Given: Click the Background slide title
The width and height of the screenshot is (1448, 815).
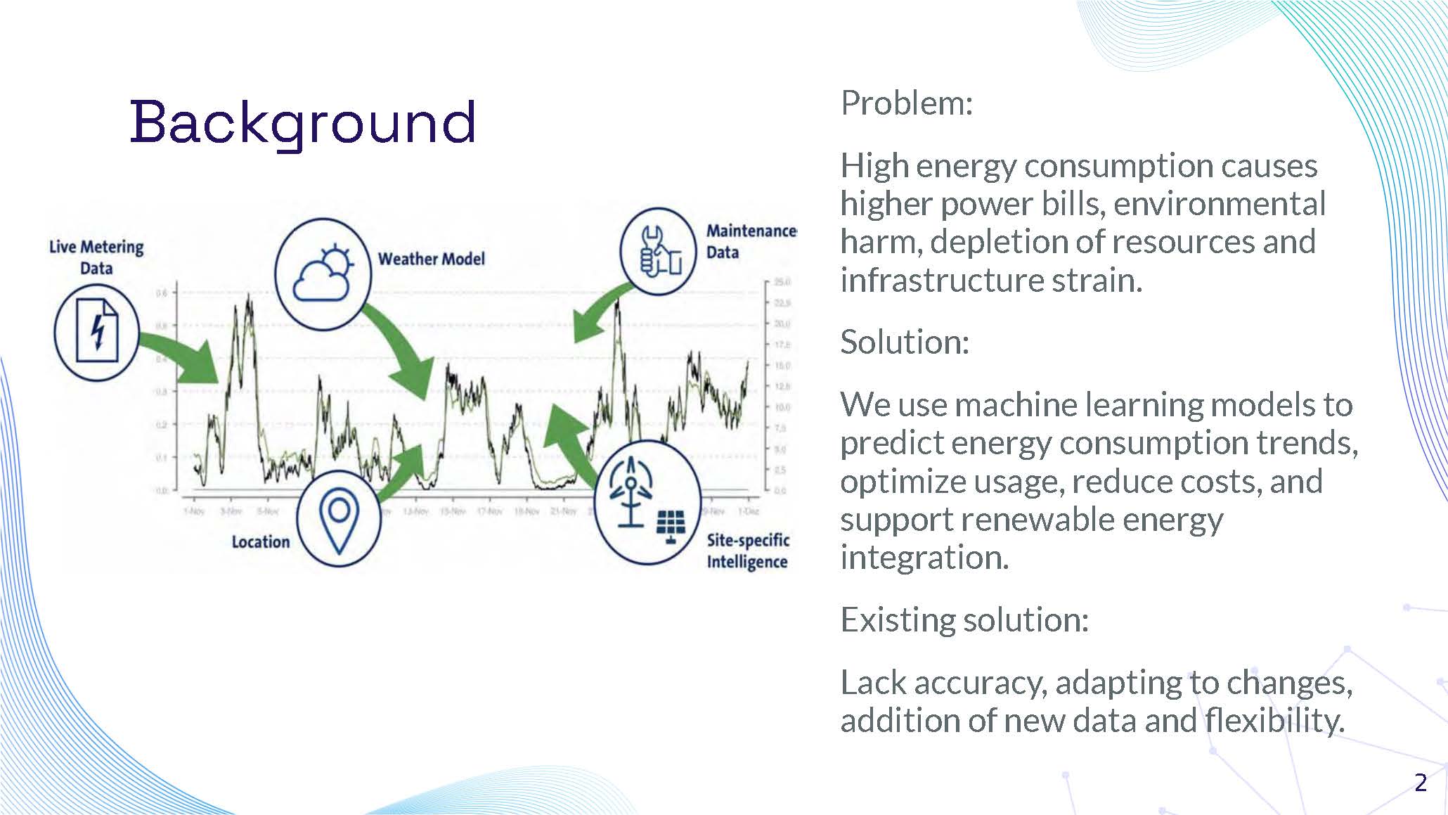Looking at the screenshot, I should click(303, 122).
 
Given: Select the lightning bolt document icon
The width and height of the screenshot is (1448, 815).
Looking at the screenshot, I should click(97, 331).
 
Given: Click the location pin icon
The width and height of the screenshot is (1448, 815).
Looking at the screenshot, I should click(339, 517).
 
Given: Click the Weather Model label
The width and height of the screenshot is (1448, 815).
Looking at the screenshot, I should click(431, 259).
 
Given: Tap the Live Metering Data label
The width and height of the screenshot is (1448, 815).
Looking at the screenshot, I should click(96, 257).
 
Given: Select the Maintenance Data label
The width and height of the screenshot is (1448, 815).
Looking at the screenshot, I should click(750, 241).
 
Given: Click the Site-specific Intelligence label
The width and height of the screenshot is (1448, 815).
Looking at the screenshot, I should click(748, 551).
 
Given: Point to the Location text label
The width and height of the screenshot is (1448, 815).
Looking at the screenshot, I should click(261, 542).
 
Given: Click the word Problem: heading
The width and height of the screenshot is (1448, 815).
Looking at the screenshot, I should click(906, 103).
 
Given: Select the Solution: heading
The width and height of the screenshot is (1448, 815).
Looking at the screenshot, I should click(904, 342).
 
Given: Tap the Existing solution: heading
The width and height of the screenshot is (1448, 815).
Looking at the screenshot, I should click(964, 620).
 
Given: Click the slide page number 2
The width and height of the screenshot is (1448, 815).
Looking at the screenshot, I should click(1421, 783).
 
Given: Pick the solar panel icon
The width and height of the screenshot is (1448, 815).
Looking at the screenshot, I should click(671, 525).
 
